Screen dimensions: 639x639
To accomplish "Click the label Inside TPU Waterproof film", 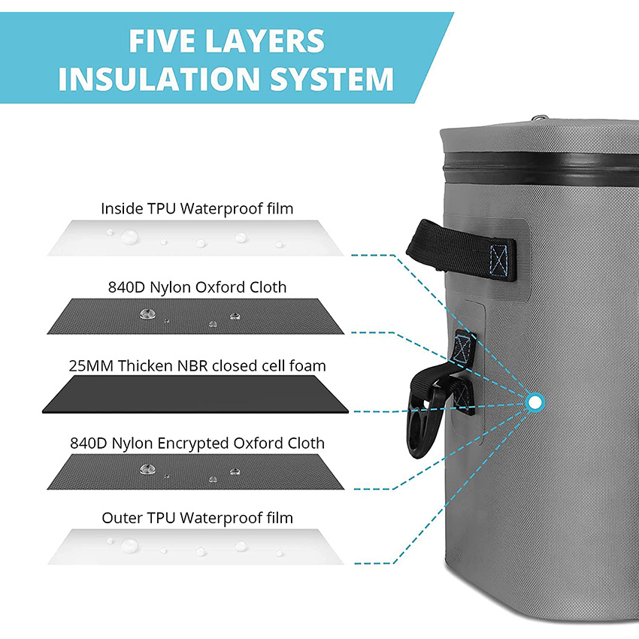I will point(197,208).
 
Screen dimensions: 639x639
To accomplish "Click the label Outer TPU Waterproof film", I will point(197,518).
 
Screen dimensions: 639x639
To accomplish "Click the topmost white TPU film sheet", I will point(195,238).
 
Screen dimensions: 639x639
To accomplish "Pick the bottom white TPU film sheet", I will point(195,547).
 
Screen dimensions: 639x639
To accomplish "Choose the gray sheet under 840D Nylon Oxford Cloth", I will point(195,316).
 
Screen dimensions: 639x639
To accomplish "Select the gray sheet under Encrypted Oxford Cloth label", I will point(195,472).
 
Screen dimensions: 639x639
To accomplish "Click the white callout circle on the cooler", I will point(535,403).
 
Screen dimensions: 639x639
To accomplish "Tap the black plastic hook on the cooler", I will point(425,413).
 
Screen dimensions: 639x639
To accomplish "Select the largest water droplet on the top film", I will point(129,236).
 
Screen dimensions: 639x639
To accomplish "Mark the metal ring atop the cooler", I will point(539,117).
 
